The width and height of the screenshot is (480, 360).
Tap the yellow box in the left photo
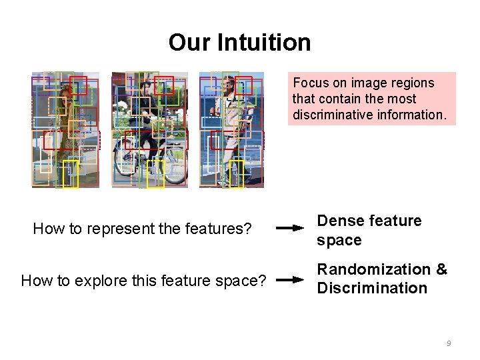(x=71, y=175)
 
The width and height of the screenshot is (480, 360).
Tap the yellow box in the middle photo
(x=155, y=174)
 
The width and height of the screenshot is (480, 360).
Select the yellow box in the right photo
(x=237, y=175)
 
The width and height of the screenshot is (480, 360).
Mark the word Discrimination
(x=372, y=289)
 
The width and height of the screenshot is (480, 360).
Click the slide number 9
(x=449, y=343)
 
